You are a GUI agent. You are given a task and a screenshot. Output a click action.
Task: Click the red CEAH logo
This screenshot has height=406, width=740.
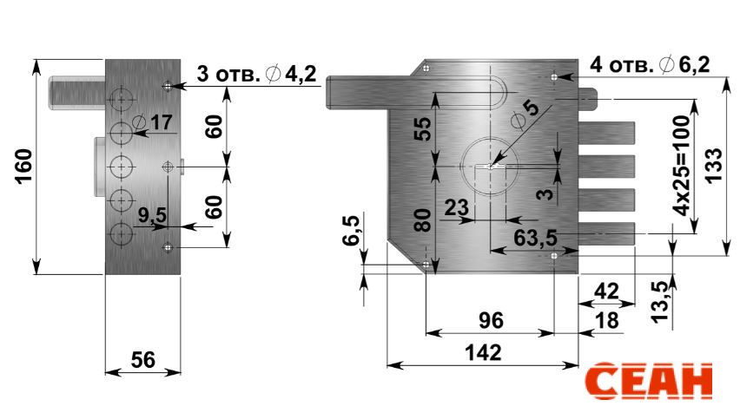tap(649, 382)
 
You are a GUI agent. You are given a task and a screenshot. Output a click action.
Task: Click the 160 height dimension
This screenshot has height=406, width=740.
tap(23, 167)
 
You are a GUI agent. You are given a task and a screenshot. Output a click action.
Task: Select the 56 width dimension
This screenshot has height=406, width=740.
tap(142, 360)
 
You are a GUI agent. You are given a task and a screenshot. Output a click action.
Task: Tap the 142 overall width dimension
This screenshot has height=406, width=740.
tap(483, 353)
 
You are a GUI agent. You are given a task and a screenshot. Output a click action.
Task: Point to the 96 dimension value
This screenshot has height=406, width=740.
tap(491, 321)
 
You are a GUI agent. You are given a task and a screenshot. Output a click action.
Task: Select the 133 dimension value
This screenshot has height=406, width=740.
tap(714, 165)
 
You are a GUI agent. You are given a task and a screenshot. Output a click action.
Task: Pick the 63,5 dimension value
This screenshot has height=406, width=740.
tap(535, 238)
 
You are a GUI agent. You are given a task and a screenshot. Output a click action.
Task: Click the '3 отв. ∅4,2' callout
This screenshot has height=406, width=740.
tap(256, 74)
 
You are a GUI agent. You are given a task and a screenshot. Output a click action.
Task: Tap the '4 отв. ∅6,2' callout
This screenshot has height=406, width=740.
tap(650, 64)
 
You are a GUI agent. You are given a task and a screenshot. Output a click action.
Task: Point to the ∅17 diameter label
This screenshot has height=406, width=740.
tap(153, 122)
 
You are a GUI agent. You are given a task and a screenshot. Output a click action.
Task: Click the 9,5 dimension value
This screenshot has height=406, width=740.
tap(153, 215)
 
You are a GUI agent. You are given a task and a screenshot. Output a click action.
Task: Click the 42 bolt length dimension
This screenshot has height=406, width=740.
tap(606, 291)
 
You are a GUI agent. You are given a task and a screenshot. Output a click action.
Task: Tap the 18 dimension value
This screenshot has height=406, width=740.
tap(607, 321)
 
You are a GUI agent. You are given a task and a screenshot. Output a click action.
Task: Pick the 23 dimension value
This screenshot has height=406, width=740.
tap(457, 207)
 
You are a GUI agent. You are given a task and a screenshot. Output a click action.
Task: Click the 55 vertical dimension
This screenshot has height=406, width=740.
tap(423, 128)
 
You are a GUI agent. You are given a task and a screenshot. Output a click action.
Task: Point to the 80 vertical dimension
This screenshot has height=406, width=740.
tap(423, 220)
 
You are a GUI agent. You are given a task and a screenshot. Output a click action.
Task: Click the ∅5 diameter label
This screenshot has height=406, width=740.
tap(525, 115)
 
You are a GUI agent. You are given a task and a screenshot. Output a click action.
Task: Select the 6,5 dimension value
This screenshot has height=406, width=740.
tap(351, 230)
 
